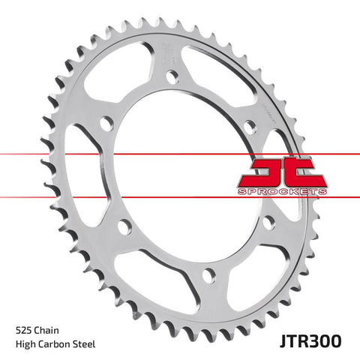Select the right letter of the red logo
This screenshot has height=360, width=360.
point(305,173)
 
